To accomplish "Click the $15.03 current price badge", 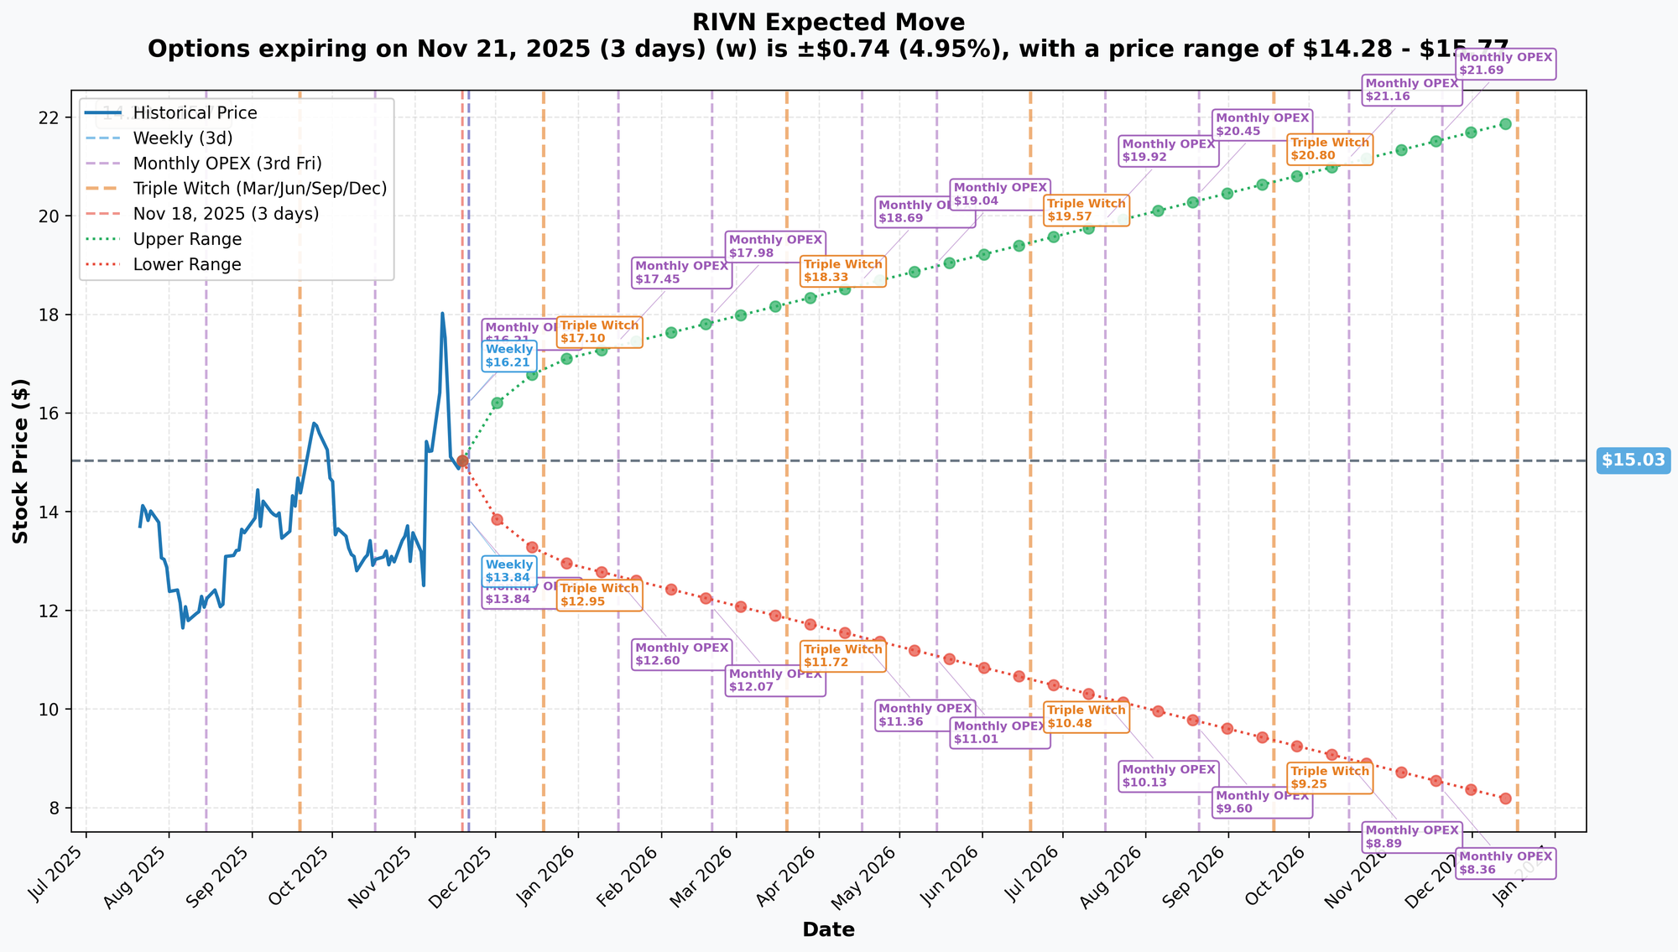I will pos(1633,460).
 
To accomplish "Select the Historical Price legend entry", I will pos(195,113).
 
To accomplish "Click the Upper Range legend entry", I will pos(187,239).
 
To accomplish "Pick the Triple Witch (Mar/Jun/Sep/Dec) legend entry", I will pos(259,189).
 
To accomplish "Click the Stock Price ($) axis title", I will pos(21,460).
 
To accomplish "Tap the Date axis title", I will pos(828,929).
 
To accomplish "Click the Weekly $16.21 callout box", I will pos(509,356).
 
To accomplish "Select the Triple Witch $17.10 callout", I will pos(599,332).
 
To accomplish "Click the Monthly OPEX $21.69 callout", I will pos(1505,65).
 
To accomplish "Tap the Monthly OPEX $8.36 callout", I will pos(1505,863).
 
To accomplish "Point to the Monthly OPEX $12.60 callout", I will pos(682,654).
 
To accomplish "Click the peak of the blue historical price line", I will pos(442,314).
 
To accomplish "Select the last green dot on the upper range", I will pos(1505,124).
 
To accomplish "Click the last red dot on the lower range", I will pos(1505,799).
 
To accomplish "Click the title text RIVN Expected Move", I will pos(828,23).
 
